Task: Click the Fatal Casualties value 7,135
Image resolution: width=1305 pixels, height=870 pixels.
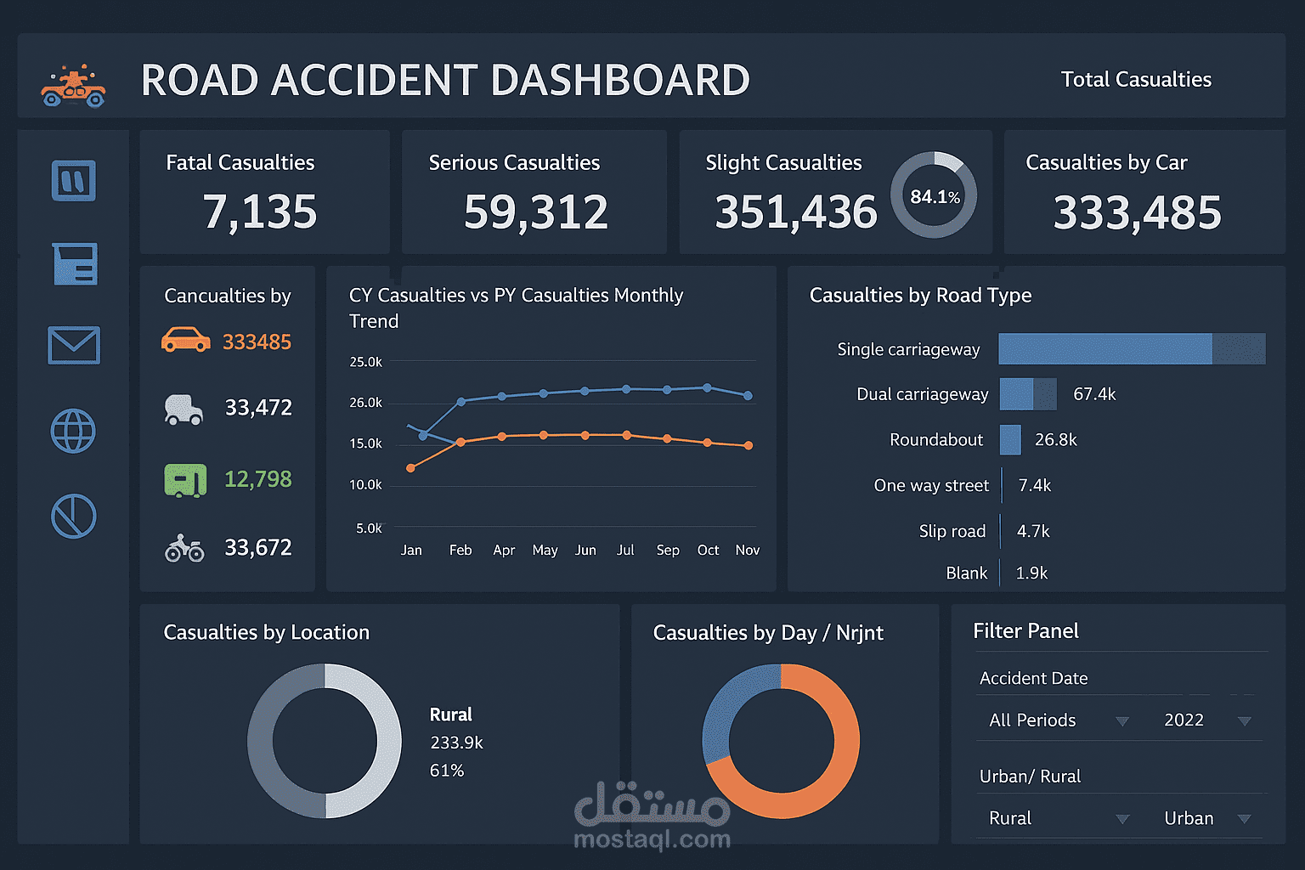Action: click(x=260, y=212)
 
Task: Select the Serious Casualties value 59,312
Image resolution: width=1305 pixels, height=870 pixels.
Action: click(x=535, y=212)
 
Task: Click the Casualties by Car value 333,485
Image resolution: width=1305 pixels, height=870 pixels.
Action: click(x=1137, y=212)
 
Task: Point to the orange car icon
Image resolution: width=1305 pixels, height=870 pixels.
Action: click(x=185, y=340)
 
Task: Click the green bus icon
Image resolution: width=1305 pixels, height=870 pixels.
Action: click(x=185, y=480)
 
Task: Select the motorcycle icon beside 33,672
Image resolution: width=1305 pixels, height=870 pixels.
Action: click(x=184, y=548)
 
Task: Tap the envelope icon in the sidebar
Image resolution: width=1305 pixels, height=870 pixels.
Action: click(x=74, y=346)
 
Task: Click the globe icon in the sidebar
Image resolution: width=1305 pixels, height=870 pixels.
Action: click(x=74, y=431)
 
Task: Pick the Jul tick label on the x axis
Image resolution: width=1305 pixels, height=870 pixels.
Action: click(x=625, y=550)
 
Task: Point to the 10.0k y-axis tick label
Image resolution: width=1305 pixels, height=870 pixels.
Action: click(x=366, y=484)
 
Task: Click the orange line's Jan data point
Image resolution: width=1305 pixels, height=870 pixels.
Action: click(x=411, y=468)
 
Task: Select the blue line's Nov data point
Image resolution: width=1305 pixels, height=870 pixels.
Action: click(x=749, y=396)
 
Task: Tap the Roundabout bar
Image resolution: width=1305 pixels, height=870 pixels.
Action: click(x=1010, y=439)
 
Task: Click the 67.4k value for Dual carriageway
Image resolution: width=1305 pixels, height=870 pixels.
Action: click(x=1094, y=394)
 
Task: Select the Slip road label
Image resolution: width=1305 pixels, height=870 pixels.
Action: click(x=952, y=531)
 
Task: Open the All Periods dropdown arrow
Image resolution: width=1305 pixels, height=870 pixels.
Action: click(x=1121, y=721)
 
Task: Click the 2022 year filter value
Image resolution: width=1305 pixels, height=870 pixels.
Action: click(x=1184, y=720)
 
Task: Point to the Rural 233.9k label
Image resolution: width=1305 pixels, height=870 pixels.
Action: click(x=455, y=742)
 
